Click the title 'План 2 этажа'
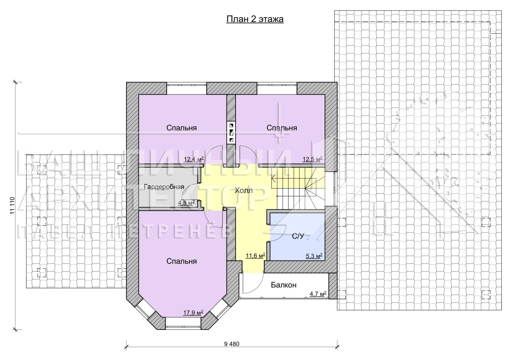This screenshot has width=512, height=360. [x=255, y=19]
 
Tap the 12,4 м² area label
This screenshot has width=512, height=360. [x=194, y=159]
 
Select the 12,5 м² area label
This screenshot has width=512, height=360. [x=312, y=159]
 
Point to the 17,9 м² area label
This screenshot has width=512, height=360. [x=193, y=312]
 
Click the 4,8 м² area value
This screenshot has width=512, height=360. [x=186, y=203]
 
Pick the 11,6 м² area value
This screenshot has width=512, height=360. [x=255, y=256]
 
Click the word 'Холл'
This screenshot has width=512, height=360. [x=244, y=190]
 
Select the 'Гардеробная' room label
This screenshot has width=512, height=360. [x=164, y=187]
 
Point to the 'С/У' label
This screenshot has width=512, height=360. [x=298, y=236]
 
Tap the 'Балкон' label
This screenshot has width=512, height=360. [x=284, y=285]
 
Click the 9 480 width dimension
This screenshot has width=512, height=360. [x=232, y=344]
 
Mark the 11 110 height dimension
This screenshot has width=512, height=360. [x=12, y=206]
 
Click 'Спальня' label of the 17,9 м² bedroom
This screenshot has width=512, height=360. [x=181, y=261]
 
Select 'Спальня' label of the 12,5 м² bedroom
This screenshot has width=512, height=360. [x=282, y=128]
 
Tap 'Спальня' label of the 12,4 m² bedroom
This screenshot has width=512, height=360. [x=181, y=128]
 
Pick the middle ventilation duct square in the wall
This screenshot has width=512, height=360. [x=231, y=132]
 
